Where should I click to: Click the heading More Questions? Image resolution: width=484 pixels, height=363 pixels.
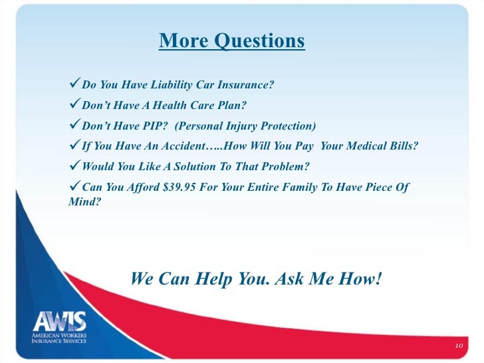(x=231, y=41)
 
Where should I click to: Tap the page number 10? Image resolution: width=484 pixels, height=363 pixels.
(x=458, y=346)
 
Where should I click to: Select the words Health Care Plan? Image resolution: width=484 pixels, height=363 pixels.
(x=206, y=106)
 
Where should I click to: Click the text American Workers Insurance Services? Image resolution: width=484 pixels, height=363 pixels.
(x=60, y=339)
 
